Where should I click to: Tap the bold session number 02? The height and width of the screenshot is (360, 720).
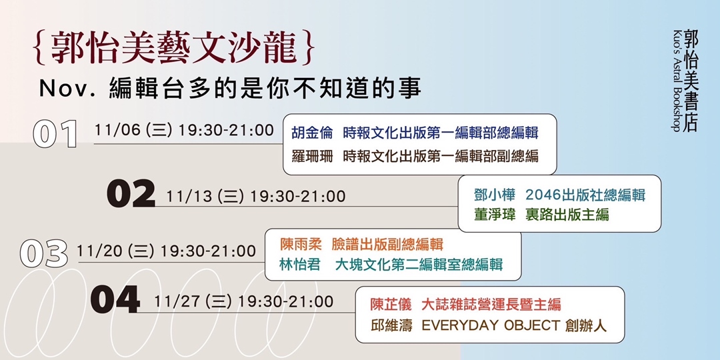point(131,194)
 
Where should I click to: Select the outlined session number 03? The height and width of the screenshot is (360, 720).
point(44,253)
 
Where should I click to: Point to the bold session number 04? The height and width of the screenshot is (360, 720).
point(115,300)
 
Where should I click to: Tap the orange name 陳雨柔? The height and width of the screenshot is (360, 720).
point(301,245)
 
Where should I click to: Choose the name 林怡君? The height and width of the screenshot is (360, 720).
point(301,265)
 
